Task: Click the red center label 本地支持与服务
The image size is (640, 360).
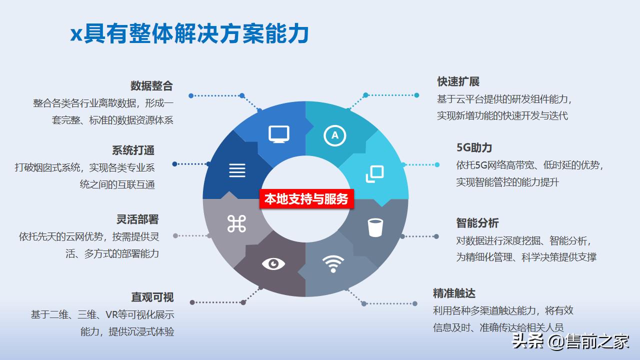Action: coord(306,198)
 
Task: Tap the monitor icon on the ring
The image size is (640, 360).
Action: coord(279,134)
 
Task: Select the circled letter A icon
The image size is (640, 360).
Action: coord(335,135)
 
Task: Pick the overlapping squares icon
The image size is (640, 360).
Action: coord(375,173)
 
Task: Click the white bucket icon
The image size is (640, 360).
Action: coord(375,227)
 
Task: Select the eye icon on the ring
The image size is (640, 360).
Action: coord(273,263)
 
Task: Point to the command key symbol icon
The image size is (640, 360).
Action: coord(236,224)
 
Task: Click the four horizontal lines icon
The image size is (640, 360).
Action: coord(237,170)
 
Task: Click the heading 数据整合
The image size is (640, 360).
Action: coord(151,85)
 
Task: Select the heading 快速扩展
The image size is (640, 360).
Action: coord(458,81)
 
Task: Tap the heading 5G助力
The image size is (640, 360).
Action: coord(474,147)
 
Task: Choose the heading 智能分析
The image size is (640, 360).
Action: coord(477,223)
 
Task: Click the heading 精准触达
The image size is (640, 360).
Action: coord(454,293)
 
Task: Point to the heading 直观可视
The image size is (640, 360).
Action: coord(152,297)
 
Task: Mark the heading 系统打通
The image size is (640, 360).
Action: coord(133,150)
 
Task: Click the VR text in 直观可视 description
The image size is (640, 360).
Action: coord(111,315)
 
